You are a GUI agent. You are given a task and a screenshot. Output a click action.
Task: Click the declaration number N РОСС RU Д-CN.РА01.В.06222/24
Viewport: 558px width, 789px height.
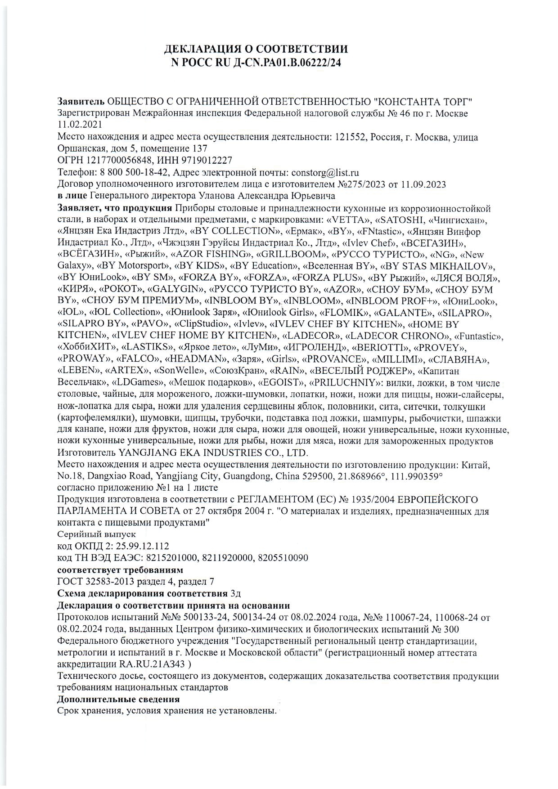pos(256,63)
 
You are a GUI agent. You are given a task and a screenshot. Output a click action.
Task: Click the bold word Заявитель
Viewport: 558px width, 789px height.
pos(81,101)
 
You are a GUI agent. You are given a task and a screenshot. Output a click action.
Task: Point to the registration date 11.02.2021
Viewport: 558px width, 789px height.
pos(80,125)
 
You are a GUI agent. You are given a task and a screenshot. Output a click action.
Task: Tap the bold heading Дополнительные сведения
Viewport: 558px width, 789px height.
pos(119,699)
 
